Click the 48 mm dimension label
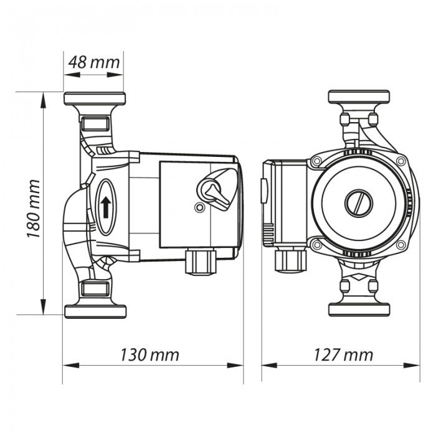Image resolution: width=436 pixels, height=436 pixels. pos(95,62)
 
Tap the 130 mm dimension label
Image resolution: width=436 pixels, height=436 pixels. pos(149,355)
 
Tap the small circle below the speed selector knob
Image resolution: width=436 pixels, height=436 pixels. pos(198,207)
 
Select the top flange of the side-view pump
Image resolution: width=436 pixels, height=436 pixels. pos(95,98)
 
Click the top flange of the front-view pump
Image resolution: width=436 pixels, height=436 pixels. pos(359,97)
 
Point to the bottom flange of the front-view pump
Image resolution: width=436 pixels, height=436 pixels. pos(359,310)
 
